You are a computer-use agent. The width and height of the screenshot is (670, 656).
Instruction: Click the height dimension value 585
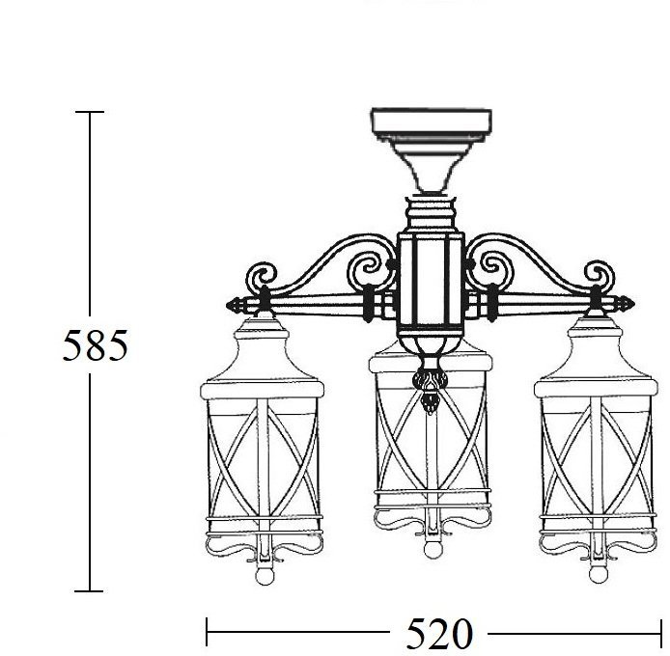(x=95, y=345)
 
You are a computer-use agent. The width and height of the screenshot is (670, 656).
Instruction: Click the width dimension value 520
(x=439, y=634)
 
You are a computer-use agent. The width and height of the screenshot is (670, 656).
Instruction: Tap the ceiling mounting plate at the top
(x=432, y=123)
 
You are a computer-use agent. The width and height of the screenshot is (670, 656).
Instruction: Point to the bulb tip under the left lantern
(x=265, y=576)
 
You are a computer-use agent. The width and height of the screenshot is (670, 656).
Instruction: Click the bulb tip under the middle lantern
(x=432, y=549)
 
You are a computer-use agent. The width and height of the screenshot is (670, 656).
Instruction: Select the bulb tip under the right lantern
(x=598, y=574)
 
